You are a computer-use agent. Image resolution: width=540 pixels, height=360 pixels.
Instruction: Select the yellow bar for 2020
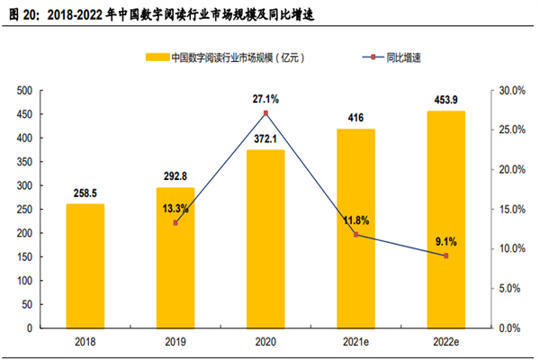265,238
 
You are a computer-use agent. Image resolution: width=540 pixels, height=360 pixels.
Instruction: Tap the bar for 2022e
445,220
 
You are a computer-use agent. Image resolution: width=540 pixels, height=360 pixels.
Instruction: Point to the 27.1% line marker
265,113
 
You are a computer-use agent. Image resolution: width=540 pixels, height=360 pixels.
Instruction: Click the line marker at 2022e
445,256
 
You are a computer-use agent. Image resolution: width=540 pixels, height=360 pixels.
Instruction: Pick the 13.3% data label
175,209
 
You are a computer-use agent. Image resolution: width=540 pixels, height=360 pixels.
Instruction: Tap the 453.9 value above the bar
445,100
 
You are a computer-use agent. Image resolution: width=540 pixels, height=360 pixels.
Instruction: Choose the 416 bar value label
355,117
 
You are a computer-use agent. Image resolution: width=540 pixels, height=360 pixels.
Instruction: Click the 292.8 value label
175,176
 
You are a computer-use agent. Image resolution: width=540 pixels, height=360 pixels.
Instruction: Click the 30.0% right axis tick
509,90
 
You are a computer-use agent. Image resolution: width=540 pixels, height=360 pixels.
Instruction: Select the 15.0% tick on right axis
509,209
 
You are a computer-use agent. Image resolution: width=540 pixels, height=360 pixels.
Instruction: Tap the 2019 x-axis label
175,342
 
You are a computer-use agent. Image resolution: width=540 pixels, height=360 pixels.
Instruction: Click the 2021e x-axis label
355,342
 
